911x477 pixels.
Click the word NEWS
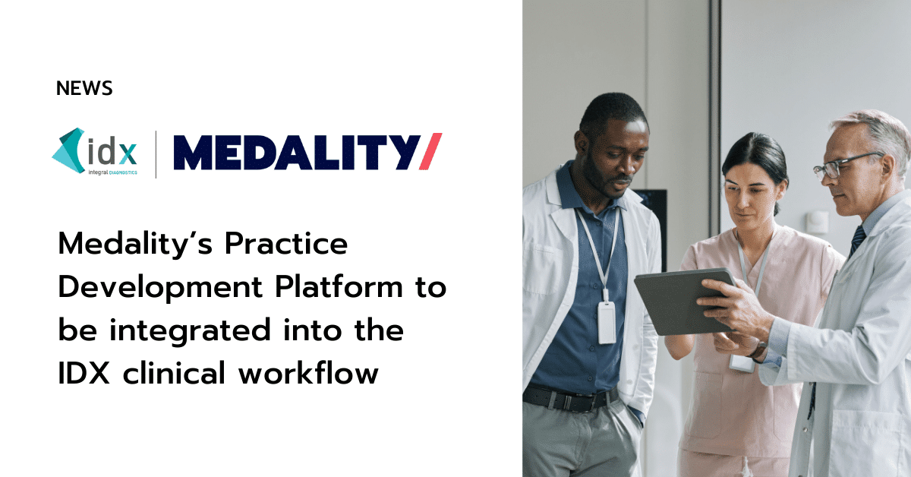click(84, 88)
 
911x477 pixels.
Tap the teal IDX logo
click(94, 151)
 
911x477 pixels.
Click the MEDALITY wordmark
click(297, 152)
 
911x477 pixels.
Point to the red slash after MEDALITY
click(430, 151)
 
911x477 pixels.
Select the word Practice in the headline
click(286, 244)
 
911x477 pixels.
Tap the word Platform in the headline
click(339, 287)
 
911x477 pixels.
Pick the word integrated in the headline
click(190, 331)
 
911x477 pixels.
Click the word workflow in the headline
click(308, 372)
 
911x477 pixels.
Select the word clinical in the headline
click(174, 372)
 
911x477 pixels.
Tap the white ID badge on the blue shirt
click(607, 322)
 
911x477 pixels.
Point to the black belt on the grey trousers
click(569, 399)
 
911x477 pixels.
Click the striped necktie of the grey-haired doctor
click(857, 240)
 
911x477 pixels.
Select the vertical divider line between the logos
click(156, 154)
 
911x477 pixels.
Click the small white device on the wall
click(817, 223)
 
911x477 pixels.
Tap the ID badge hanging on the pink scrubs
click(742, 362)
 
